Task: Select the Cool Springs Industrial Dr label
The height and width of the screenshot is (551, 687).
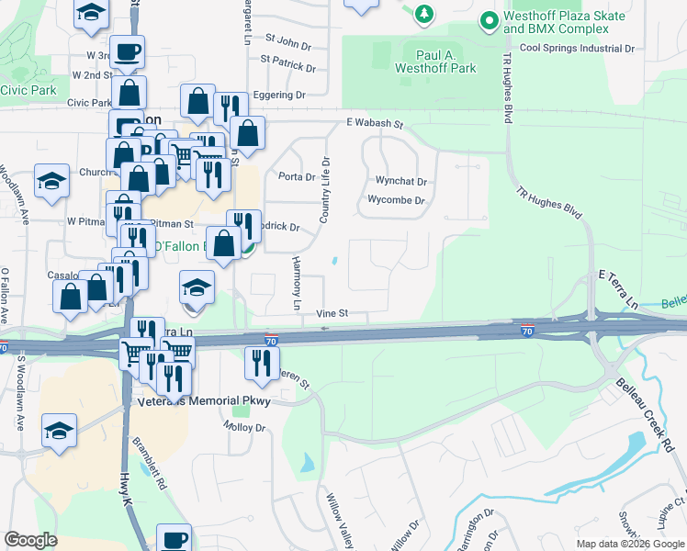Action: point(577,48)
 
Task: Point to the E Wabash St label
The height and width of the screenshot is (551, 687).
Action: point(375,123)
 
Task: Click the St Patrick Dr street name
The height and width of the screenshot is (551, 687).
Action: point(287,68)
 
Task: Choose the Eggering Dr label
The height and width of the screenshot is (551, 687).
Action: point(280,95)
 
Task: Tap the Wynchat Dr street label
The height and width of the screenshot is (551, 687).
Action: point(401,182)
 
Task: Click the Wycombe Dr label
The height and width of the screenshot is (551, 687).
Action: point(396,200)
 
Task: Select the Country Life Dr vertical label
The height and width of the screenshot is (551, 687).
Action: point(324,189)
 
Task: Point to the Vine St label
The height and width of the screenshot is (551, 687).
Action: point(332,313)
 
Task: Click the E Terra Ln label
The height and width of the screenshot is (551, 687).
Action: point(617,288)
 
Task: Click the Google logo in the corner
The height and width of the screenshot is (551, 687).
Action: point(30,540)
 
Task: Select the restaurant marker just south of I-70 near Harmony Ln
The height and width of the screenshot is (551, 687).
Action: point(262,364)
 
